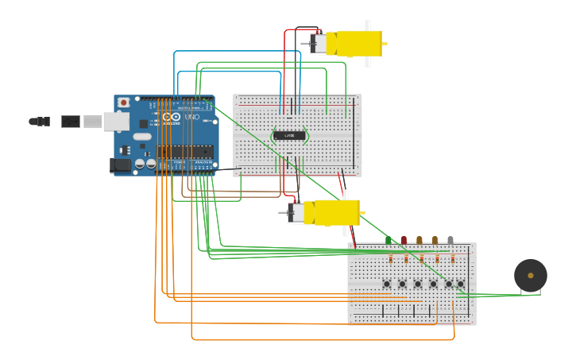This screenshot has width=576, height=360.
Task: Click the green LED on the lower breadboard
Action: (389, 239)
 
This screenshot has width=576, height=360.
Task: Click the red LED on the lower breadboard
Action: (404, 239)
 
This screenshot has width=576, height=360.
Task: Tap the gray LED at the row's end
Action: (450, 239)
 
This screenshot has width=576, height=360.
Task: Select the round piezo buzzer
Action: (530, 275)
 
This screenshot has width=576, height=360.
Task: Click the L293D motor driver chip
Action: (289, 136)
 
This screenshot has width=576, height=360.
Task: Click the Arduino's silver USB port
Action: (116, 121)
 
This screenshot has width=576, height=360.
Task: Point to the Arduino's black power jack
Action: (119, 165)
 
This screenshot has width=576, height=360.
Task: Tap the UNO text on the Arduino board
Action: (192, 117)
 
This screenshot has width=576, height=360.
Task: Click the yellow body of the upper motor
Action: (359, 43)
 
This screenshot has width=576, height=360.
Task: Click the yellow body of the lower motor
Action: (337, 212)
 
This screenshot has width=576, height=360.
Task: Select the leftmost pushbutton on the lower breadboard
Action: (387, 284)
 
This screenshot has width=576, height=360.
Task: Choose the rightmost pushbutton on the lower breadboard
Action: (460, 284)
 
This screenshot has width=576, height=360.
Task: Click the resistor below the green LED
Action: (390, 258)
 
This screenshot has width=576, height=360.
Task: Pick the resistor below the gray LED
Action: (452, 258)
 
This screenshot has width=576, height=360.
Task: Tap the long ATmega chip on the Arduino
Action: (184, 151)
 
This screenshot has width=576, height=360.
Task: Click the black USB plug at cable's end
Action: (71, 122)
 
